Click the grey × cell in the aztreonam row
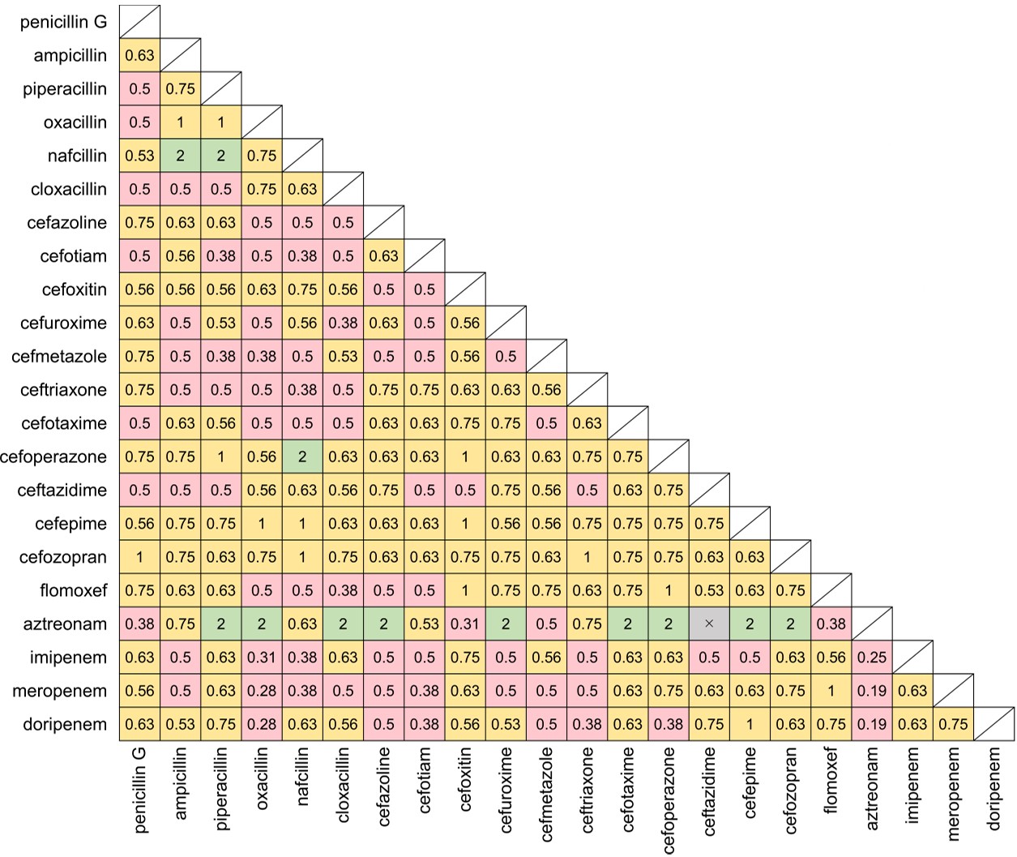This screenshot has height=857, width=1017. [x=709, y=623]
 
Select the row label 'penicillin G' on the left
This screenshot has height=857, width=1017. [x=63, y=22]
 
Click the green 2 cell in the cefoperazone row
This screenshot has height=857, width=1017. [x=302, y=456]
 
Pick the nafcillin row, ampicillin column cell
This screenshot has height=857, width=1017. [x=180, y=156]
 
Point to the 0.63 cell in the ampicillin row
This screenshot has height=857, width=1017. [x=139, y=56]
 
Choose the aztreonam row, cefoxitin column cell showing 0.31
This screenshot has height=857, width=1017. [x=465, y=623]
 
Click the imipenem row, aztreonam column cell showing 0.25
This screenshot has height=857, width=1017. [x=872, y=658]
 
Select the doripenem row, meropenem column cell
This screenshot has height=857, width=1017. [x=953, y=724]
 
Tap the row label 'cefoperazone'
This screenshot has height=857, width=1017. [x=53, y=456]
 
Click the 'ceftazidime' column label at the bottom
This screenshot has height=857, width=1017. [x=709, y=791]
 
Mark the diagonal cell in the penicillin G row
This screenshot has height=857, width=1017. [x=139, y=22]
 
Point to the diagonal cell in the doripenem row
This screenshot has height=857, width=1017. [x=994, y=724]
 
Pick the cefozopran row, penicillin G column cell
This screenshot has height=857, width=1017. [x=139, y=557]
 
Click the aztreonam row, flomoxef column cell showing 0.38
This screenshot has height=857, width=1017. [x=831, y=623]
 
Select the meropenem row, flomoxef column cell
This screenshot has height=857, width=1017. [x=831, y=691]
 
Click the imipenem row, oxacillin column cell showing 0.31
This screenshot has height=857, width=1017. [x=262, y=658]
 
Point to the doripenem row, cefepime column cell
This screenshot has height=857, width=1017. [x=750, y=724]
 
